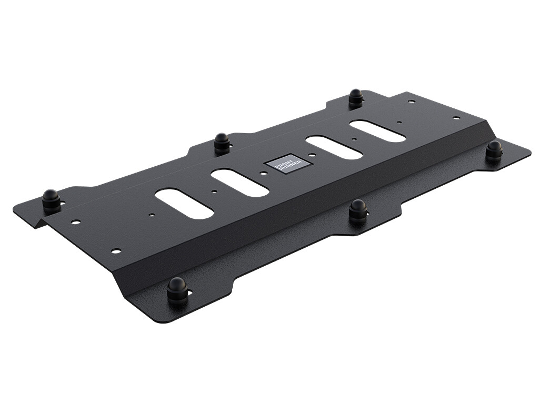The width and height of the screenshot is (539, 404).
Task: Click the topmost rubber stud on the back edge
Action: pos(356,98)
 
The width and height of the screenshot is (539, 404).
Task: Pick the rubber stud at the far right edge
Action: pos(494,150)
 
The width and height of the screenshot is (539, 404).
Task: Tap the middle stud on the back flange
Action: pos(222,143)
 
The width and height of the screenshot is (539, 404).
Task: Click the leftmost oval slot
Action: pos(184,204)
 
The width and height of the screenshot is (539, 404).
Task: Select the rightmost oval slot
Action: pos(377,131)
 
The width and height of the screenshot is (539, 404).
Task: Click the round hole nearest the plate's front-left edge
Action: pos(116,250)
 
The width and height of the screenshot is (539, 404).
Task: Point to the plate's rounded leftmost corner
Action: pos(15,208)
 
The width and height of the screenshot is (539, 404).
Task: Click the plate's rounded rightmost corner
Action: pos(528,153)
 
